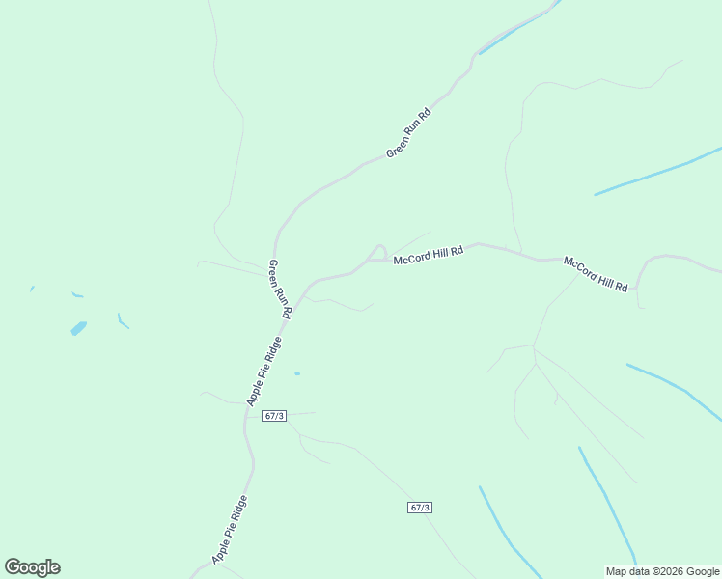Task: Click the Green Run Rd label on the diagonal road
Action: tap(408, 133)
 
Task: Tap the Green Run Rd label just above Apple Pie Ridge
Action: tap(279, 289)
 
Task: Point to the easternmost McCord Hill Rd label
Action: tap(597, 275)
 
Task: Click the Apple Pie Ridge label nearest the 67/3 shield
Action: tap(264, 372)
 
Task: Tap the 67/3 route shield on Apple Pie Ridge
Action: tap(274, 416)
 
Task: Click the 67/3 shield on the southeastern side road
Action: tap(419, 508)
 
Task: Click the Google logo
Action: tap(33, 567)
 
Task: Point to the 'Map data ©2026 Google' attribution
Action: tap(662, 571)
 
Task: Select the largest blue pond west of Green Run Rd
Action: tap(79, 328)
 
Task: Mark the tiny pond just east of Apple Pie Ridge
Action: tap(297, 373)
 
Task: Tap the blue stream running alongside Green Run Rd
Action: tap(516, 34)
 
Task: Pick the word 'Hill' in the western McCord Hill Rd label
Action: tap(438, 254)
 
